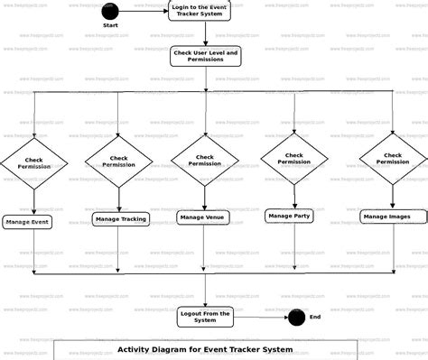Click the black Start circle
(110, 12)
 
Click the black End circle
(295, 317)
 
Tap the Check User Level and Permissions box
(205, 58)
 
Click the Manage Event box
(27, 221)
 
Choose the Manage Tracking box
(120, 219)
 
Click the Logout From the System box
(205, 316)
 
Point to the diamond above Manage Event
(34, 163)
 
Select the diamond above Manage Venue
(205, 160)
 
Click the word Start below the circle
(110, 26)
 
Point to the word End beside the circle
(315, 317)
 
